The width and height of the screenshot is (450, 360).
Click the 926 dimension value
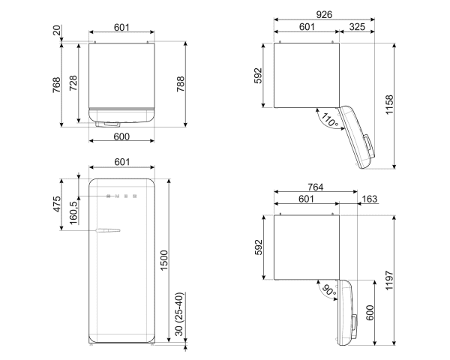click(324, 14)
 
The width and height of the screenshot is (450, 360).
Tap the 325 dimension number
click(357, 27)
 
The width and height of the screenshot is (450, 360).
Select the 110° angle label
click(329, 120)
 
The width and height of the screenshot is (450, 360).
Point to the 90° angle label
click(329, 290)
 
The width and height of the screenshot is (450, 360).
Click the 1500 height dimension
click(163, 260)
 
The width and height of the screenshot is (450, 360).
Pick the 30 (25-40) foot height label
click(178, 314)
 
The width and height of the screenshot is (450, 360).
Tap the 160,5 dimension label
click(73, 213)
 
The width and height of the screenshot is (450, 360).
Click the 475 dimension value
click(57, 204)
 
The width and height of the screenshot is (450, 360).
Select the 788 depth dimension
click(181, 84)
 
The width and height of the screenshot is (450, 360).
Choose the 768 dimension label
click(56, 85)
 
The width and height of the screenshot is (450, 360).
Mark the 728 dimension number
click(73, 83)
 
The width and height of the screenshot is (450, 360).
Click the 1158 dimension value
click(389, 105)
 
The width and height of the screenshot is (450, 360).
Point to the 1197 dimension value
click(389, 280)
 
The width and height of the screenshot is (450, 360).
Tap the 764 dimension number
click(316, 187)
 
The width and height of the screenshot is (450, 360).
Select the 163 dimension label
click(370, 199)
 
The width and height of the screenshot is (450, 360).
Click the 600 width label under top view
click(121, 136)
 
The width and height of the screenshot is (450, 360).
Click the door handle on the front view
click(108, 230)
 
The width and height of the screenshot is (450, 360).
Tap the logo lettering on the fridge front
click(121, 196)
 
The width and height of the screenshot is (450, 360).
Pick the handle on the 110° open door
click(368, 146)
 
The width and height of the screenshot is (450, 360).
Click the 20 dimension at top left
click(57, 30)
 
